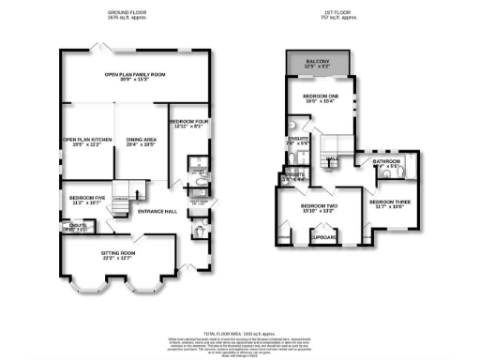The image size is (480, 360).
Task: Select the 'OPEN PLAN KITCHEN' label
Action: coord(88,140)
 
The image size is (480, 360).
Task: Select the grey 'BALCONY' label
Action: coord(320,63)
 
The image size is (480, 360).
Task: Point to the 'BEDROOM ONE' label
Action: coord(321,97)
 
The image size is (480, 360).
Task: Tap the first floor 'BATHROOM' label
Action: coord(385,162)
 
